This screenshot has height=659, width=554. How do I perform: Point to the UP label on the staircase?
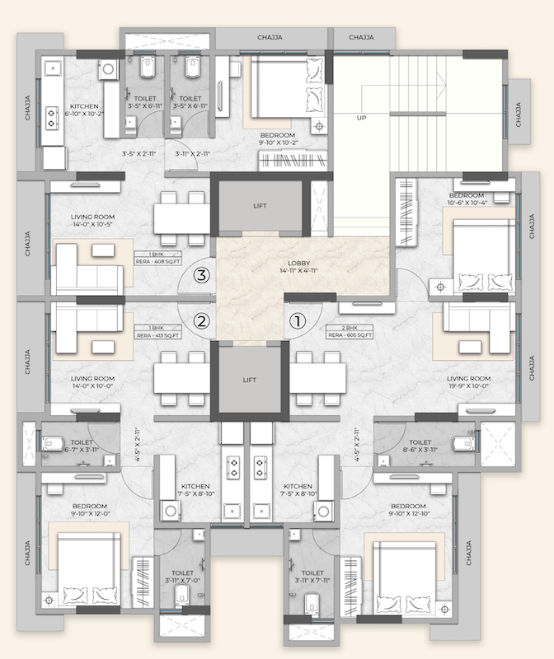point(360,118)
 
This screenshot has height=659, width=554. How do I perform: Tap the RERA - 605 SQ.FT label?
point(351,335)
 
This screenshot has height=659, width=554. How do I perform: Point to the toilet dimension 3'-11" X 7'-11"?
point(312,581)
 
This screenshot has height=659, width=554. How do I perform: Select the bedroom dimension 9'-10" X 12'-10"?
point(409,514)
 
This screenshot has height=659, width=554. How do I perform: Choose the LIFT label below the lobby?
point(250,381)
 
